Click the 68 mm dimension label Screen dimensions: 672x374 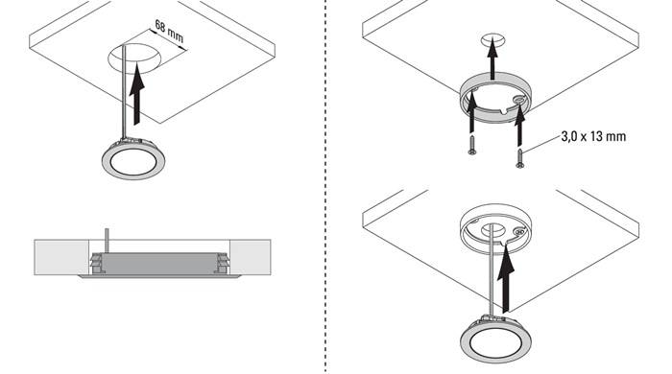pyautogui.click(x=169, y=32)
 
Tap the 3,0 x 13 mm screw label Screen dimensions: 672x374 pyautogui.click(x=593, y=136)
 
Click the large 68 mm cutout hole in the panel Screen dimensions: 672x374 pyautogui.click(x=134, y=58)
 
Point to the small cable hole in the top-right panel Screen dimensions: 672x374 pyautogui.click(x=492, y=40)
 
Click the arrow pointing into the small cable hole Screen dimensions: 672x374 pyautogui.click(x=492, y=58)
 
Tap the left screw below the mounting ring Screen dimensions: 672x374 pyautogui.click(x=472, y=145)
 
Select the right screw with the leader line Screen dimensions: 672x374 pyautogui.click(x=520, y=158)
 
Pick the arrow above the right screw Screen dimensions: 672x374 pyautogui.click(x=519, y=124)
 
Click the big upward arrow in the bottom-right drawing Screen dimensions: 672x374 pyautogui.click(x=506, y=279)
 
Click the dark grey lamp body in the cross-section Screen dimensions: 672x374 pyautogui.click(x=157, y=263)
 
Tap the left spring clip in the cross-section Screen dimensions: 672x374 pyautogui.click(x=96, y=263)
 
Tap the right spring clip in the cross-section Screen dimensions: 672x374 pyautogui.click(x=222, y=263)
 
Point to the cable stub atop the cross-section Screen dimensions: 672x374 pyautogui.click(x=108, y=241)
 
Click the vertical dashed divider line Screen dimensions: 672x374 pyautogui.click(x=325, y=187)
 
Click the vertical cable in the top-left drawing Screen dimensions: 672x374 pyautogui.click(x=124, y=91)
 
